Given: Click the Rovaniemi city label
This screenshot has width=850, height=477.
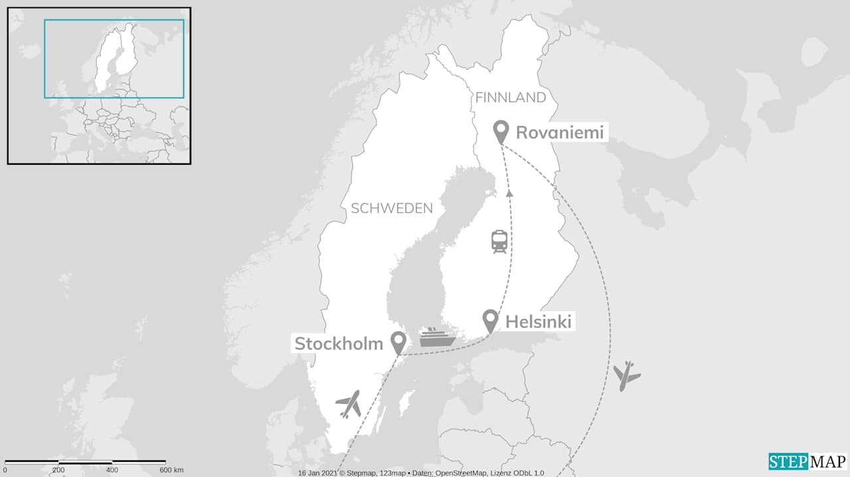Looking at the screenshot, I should click(560, 133).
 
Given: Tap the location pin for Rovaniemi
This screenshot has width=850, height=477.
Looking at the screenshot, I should click(501, 131).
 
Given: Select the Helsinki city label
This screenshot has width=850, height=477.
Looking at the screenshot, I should click(539, 322).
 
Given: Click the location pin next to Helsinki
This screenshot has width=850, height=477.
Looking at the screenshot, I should click(490, 321).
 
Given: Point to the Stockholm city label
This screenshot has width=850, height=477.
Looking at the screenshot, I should click(339, 343).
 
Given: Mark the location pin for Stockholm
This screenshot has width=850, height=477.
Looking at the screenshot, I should click(398, 342).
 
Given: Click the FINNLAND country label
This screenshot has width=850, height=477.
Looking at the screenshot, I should click(510, 98).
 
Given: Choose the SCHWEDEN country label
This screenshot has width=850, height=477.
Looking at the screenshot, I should click(392, 209).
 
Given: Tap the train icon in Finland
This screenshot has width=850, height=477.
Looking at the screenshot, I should click(499, 241).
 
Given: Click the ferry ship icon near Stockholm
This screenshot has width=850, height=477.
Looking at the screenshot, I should click(437, 337).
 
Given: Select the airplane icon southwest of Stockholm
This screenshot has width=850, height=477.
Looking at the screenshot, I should click(349, 403).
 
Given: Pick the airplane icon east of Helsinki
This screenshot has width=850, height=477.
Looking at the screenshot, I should click(626, 376).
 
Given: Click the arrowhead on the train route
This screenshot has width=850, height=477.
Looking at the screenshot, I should click(509, 193).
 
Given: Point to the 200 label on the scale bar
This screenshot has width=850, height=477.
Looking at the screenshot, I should click(58, 470).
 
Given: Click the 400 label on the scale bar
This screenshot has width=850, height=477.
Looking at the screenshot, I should click(112, 470).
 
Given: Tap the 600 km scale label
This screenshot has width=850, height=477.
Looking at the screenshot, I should click(171, 470).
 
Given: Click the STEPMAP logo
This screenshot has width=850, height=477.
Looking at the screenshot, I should click(807, 461).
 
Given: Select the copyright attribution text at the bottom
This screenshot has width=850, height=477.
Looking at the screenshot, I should click(420, 473).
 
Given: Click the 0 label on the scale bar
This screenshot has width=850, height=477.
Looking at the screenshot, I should click(5, 470).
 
